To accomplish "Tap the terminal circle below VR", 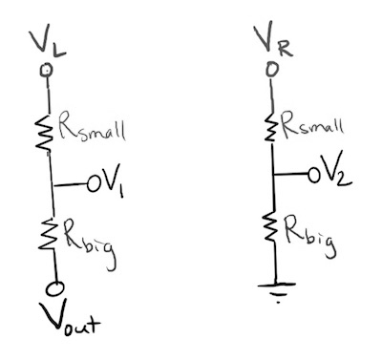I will [273, 69].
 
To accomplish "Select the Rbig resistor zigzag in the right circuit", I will [275, 228].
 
